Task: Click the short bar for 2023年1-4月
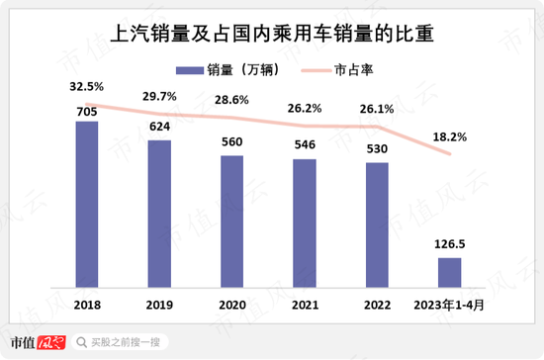pyautogui.click(x=449, y=272)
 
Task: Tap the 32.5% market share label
pyautogui.click(x=87, y=86)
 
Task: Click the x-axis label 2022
pyautogui.click(x=377, y=305)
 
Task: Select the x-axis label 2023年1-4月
pyautogui.click(x=450, y=305)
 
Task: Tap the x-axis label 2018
pyautogui.click(x=87, y=305)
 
